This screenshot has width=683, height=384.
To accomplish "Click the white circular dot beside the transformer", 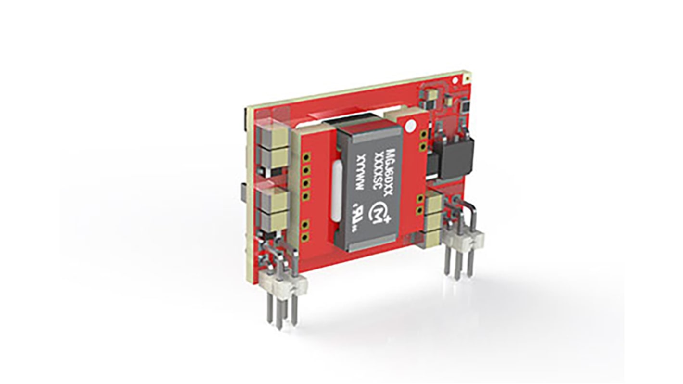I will pos(410,127).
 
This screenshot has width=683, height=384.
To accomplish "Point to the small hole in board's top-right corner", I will pos(466,77).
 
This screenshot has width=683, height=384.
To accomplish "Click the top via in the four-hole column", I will pos(304,157).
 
